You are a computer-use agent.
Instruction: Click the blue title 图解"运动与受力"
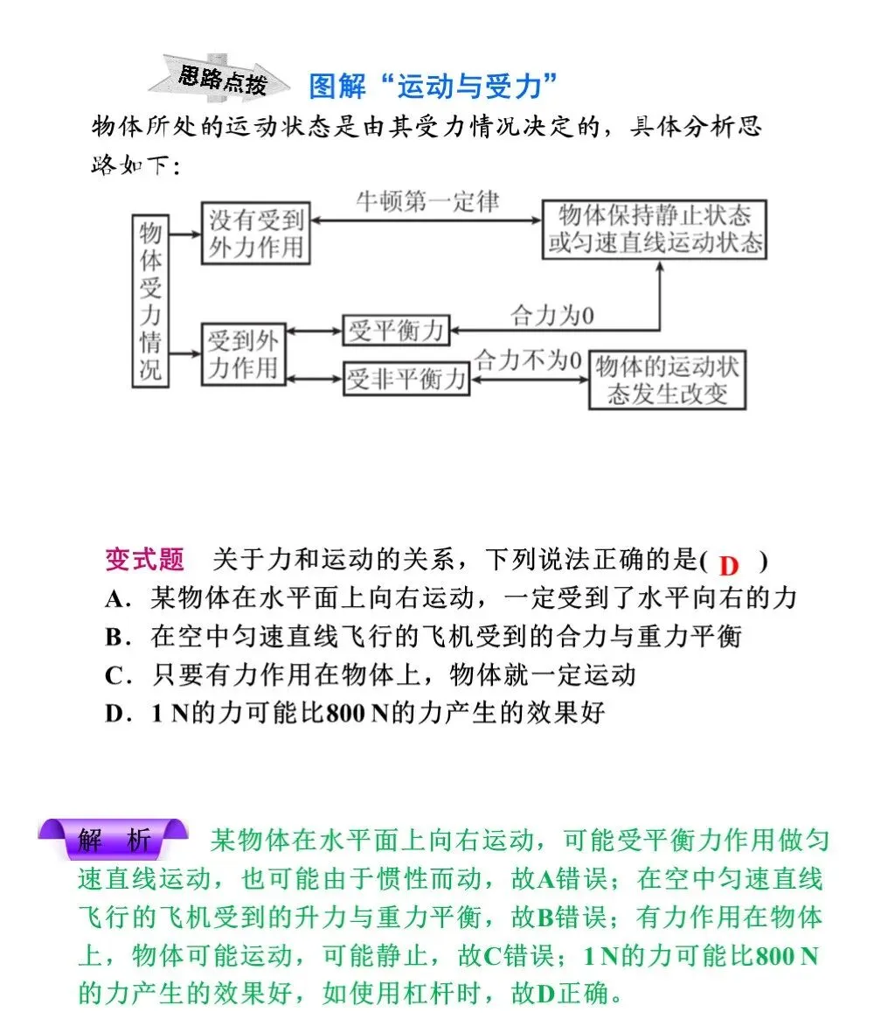point(434,87)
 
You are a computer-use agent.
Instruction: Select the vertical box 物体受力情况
point(150,299)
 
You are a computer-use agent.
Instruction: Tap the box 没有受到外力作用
point(256,234)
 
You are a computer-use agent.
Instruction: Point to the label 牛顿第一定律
point(427,202)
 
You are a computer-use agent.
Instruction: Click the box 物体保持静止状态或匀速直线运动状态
point(655,229)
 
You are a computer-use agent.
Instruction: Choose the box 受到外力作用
point(244,354)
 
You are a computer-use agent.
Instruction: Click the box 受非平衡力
point(406,380)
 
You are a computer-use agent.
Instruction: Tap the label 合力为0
point(551,316)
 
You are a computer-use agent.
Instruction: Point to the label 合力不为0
point(528,359)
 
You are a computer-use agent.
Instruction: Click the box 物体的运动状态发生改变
point(668,380)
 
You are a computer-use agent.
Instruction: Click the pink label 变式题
point(144,560)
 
